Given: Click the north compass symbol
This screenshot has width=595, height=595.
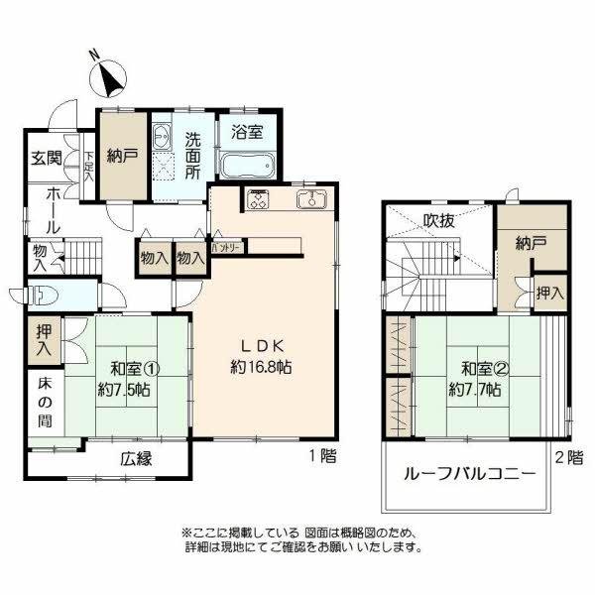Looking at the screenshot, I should click(x=106, y=74).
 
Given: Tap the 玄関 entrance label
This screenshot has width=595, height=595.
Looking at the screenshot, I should click(x=44, y=159).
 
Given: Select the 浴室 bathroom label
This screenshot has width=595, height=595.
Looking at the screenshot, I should click(x=248, y=131).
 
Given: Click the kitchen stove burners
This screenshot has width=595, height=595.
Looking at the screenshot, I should click(x=260, y=199).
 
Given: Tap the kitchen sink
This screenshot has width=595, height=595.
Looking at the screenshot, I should click(x=310, y=199).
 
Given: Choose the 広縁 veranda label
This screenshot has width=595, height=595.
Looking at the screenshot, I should click(x=137, y=459).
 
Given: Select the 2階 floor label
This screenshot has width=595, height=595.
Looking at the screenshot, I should click(x=567, y=458).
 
